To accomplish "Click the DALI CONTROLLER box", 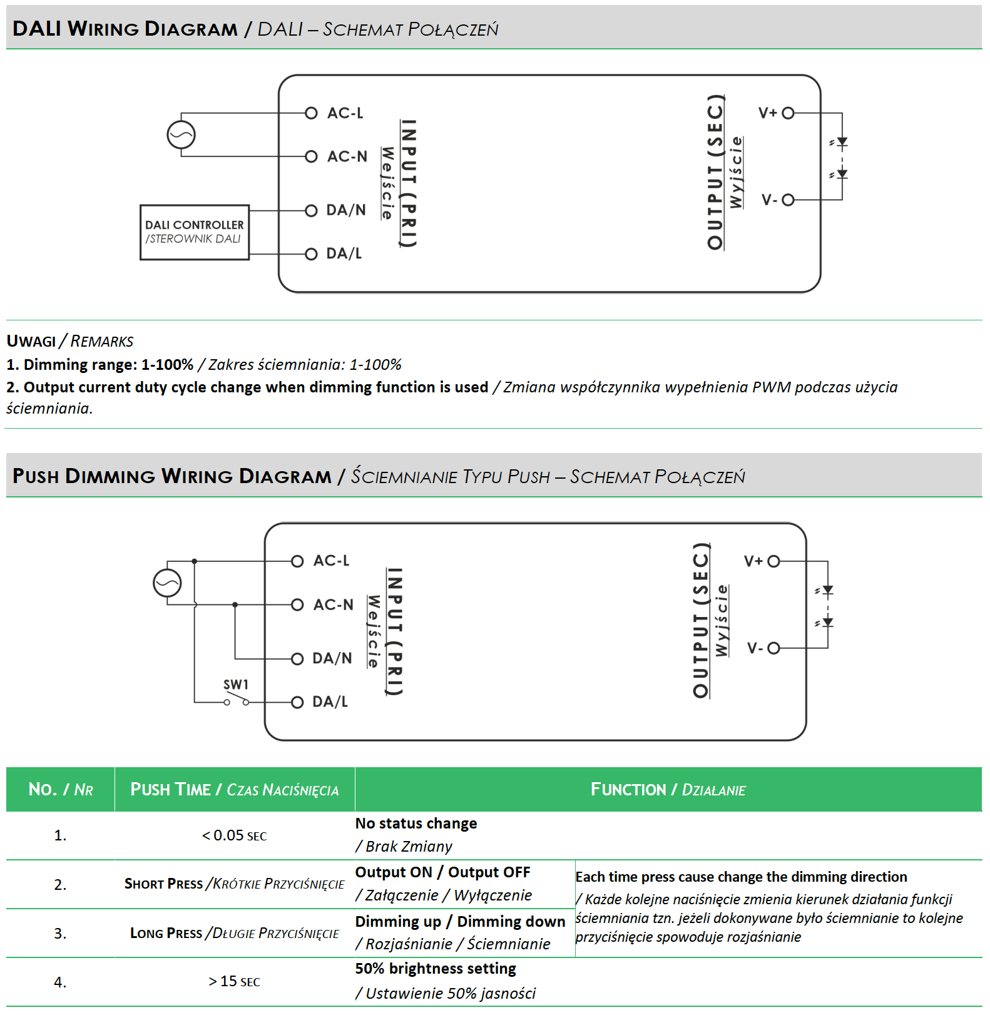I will coord(195,232).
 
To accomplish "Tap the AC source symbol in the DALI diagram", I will coord(181,135).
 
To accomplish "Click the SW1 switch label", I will coord(236,685).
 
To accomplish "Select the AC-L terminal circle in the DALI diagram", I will coord(311,113).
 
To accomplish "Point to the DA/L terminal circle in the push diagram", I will coord(297,702).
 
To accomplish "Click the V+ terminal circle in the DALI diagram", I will coord(788,113).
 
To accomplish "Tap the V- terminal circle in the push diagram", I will coord(773,648).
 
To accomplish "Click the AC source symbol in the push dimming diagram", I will coord(167,583).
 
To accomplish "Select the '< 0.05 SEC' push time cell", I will coord(234,836).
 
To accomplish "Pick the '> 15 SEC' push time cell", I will coord(234,982).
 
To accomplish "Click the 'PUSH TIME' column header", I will coord(234,790).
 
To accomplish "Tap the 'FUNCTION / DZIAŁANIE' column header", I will coord(668,790).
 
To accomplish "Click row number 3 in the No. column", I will coord(60,934).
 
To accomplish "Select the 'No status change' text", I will coord(416,824).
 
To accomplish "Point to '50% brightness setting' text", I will coord(436,969).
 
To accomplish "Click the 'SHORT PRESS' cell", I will coord(234,884).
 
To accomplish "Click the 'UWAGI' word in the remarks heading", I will coord(31,341).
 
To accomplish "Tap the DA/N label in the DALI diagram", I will coord(346,210).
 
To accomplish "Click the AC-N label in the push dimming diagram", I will coord(334,605).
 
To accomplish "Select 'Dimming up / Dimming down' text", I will coord(460,922).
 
